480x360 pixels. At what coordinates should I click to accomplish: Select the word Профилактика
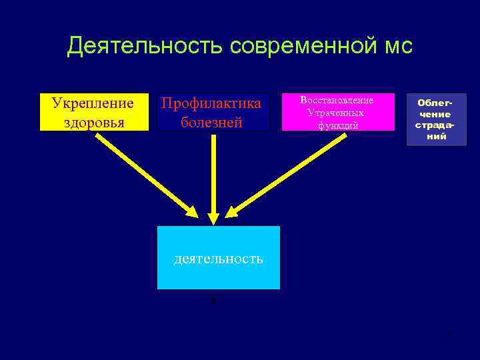pos(211,103)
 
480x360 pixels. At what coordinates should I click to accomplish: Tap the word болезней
pos(211,123)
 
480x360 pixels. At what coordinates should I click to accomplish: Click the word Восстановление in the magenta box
pos(337,100)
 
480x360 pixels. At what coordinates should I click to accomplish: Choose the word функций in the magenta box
pos(338,125)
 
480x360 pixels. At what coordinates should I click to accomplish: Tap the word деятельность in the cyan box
pos(218,258)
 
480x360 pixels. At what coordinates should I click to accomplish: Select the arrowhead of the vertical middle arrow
pos(213,217)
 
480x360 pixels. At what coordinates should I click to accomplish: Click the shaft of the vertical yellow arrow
pos(213,173)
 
